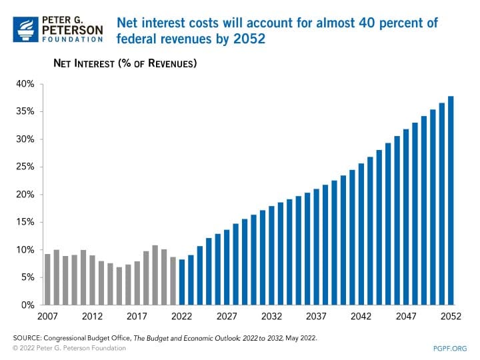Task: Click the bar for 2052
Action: (451, 201)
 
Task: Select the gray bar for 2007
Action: (47, 279)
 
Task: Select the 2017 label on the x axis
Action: (137, 317)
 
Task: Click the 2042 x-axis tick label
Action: (361, 317)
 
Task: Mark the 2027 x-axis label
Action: (226, 317)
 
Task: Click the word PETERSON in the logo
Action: (72, 29)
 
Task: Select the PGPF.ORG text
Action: (451, 348)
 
